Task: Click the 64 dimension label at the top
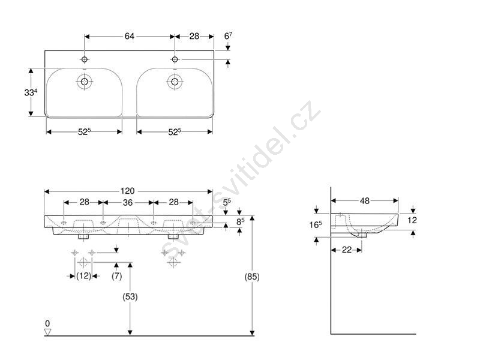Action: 129,36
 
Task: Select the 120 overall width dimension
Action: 127,191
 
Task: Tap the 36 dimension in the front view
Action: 128,202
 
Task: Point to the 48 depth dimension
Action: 365,201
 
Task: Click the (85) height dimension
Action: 251,277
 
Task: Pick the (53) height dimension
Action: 130,296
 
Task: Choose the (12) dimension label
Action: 83,276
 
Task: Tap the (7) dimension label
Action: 116,276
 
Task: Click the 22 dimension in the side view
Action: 347,250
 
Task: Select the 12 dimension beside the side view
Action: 412,220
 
